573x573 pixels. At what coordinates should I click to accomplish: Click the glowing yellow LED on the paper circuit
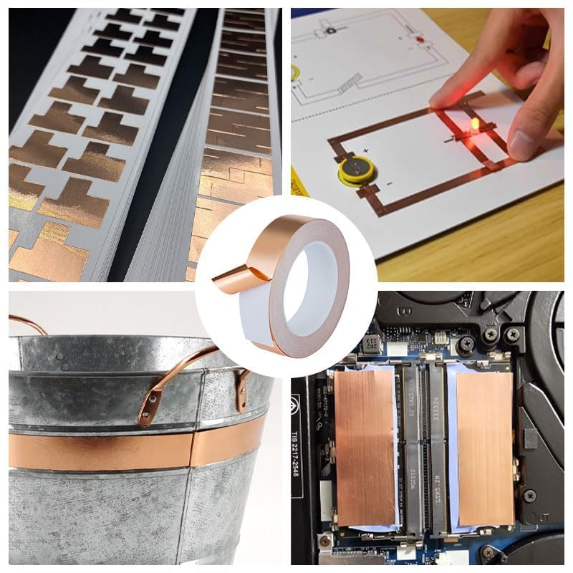(x=473, y=126)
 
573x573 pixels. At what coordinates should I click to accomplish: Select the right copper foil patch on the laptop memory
(x=485, y=447)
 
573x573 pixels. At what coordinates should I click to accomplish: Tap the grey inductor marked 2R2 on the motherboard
(x=371, y=345)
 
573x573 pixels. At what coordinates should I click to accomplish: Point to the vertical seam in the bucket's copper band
(x=192, y=450)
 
